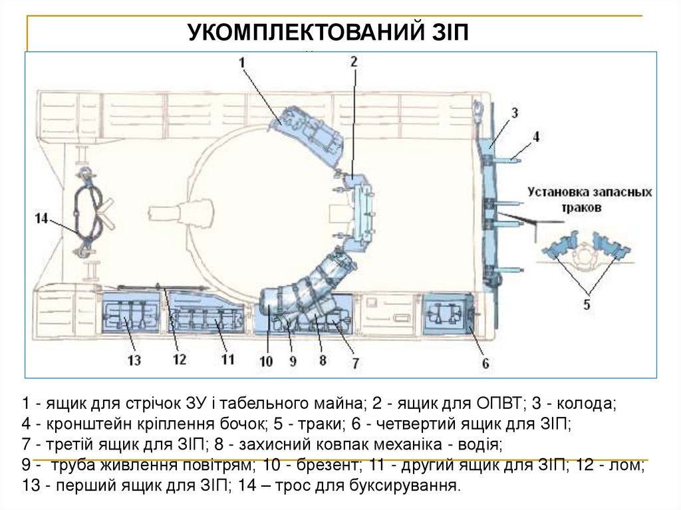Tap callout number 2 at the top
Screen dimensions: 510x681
[354, 62]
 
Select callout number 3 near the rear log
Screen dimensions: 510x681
[514, 112]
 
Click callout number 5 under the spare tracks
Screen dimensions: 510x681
[587, 305]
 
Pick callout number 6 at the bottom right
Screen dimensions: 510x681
[485, 363]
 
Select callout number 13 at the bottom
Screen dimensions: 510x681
[135, 360]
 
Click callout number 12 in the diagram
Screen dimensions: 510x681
[179, 360]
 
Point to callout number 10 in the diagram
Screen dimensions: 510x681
[266, 362]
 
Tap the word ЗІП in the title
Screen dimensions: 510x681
[448, 33]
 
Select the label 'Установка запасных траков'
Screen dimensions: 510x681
[589, 199]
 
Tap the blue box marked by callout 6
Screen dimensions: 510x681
[446, 314]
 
